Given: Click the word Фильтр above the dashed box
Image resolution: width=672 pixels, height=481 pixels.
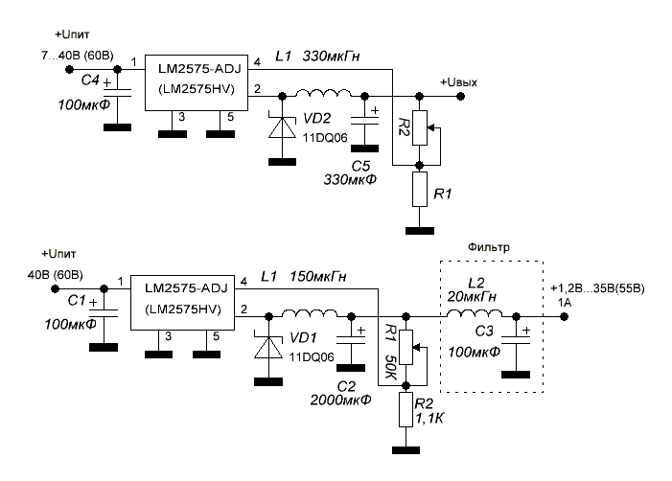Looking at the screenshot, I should (490, 246).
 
